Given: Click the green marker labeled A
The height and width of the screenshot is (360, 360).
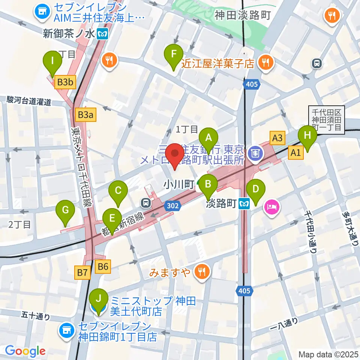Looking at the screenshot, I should tap(208, 138).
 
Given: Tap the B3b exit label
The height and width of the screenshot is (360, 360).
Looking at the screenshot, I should tap(65, 82).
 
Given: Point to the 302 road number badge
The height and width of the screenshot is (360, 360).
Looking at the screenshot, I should tap(173, 205).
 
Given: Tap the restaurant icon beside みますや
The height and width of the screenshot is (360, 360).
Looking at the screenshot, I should tap(202, 272).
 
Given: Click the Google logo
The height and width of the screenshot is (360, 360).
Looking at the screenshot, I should tap(25, 351).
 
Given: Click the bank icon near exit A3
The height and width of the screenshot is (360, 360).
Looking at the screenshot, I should tap(255, 153).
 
